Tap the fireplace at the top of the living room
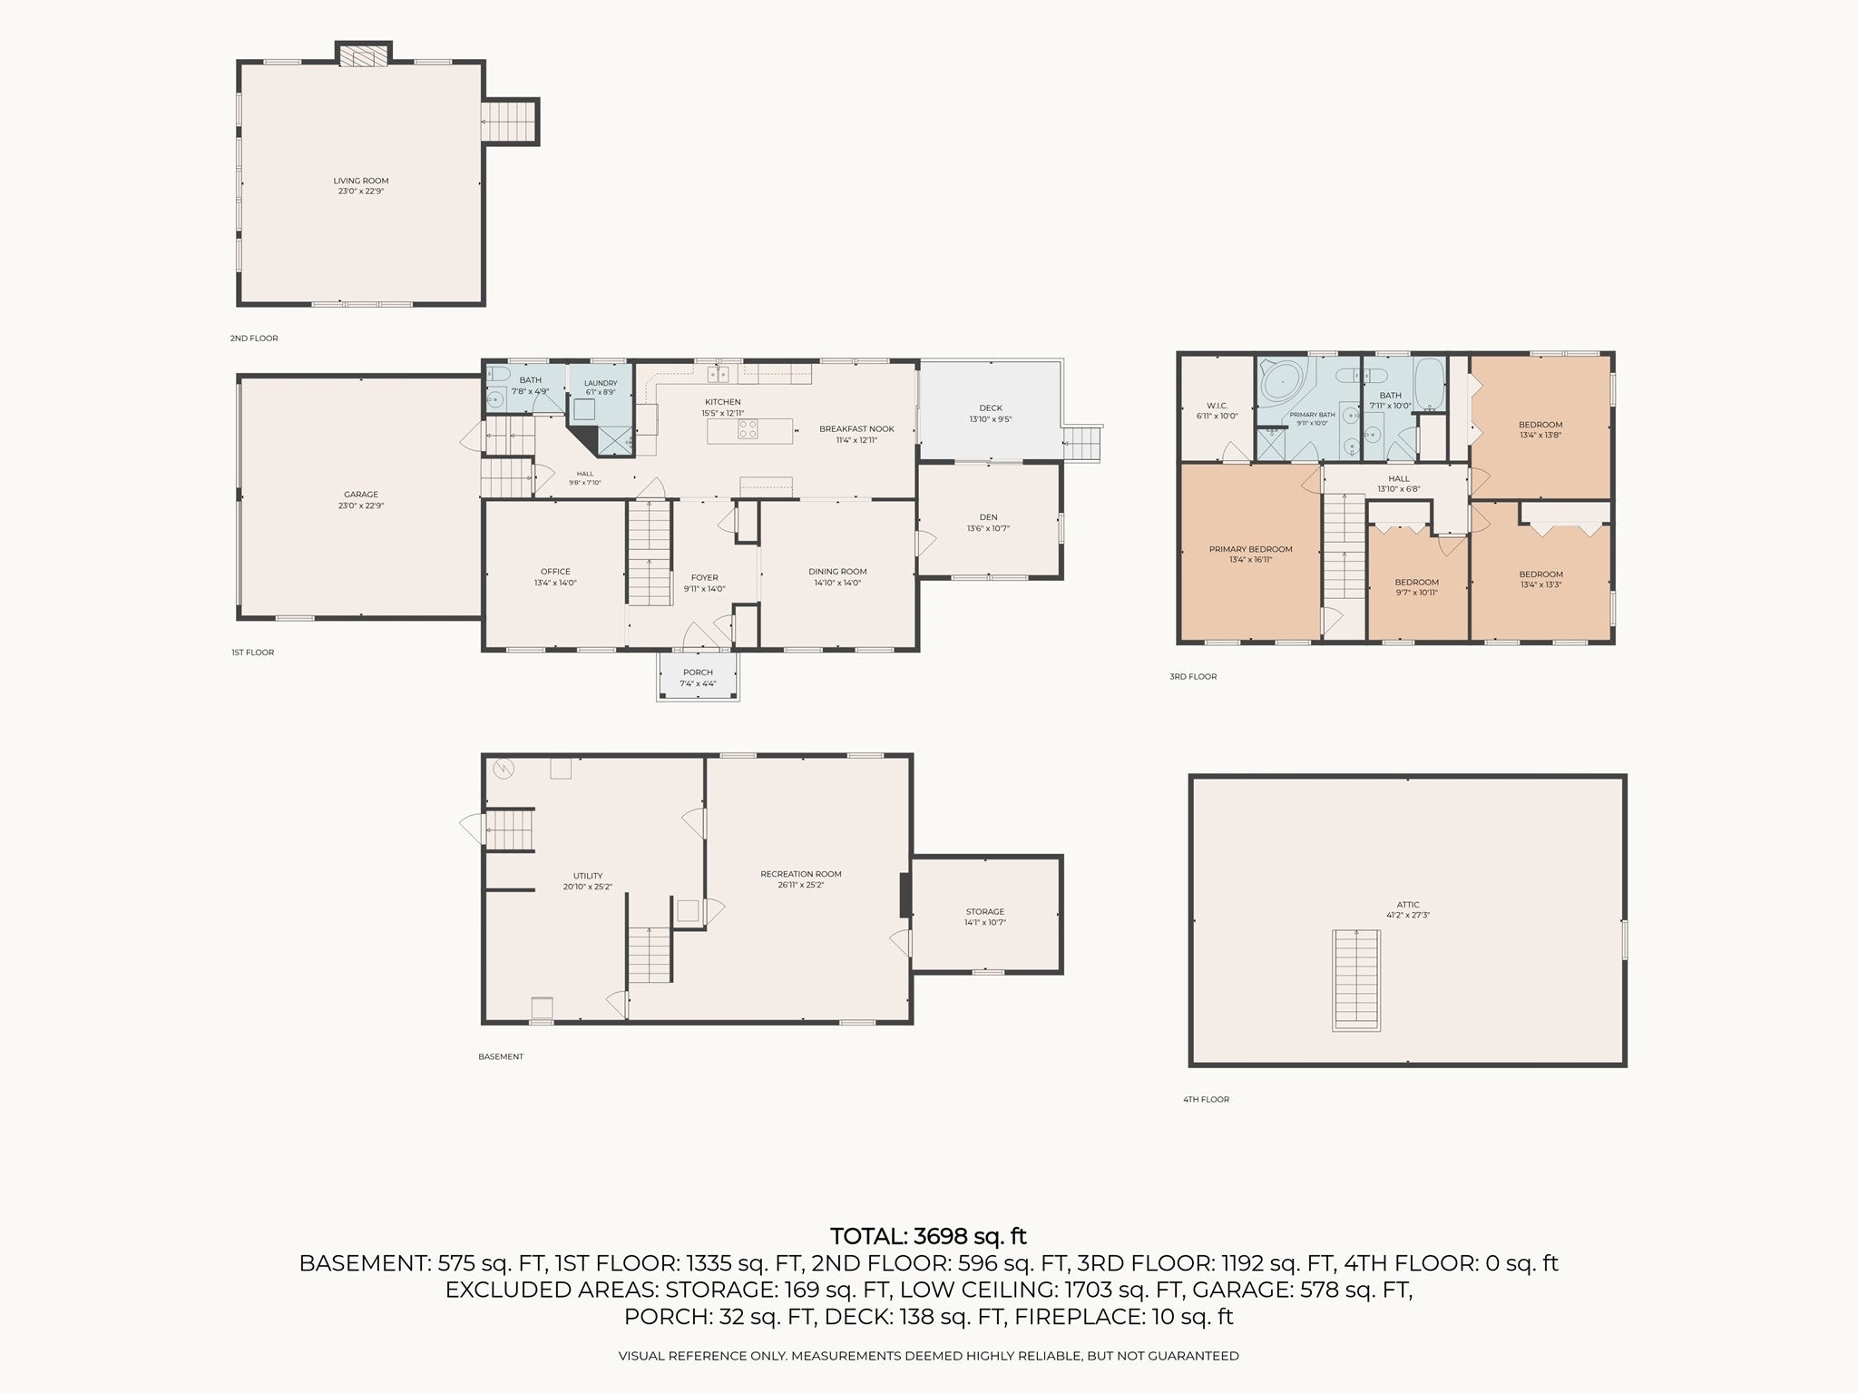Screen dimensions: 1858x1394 coord(364,57)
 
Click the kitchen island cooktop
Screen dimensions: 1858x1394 coord(748,429)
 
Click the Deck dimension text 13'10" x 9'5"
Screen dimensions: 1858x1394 coord(991,419)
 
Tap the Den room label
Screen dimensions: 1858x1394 coord(988,517)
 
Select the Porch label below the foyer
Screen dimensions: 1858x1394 coord(698,672)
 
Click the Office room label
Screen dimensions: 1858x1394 coord(555,572)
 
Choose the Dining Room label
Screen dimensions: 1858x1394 coord(837,572)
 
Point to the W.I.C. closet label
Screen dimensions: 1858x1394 coord(1217,406)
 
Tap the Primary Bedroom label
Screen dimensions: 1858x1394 coord(1250,549)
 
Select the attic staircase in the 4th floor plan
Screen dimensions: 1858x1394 coord(1356,980)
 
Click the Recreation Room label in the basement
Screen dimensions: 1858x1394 coord(801,874)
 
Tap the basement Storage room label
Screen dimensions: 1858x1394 coord(985,911)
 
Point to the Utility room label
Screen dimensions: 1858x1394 coord(588,876)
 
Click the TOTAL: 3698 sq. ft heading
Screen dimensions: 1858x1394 coord(929,1236)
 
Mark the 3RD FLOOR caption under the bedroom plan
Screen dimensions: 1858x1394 coord(1193,676)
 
